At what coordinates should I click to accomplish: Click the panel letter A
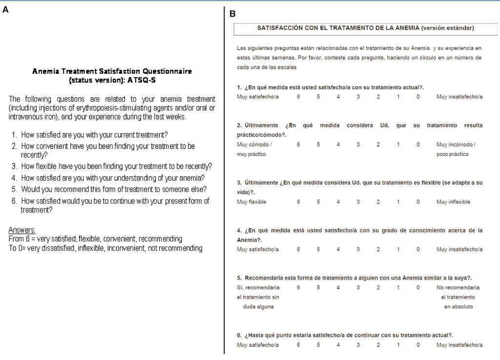[x=5, y=9]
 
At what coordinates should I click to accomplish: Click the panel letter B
[x=232, y=14]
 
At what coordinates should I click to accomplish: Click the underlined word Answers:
[x=22, y=230]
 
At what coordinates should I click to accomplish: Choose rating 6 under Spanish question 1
[x=298, y=97]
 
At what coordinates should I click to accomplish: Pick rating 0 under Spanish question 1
[x=418, y=97]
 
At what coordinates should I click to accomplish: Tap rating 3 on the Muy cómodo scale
[x=358, y=145]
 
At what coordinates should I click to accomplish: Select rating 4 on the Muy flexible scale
[x=338, y=202]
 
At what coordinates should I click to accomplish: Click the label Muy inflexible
[x=453, y=202]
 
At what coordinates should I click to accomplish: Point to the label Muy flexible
[x=251, y=202]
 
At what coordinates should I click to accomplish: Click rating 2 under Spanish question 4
[x=378, y=250]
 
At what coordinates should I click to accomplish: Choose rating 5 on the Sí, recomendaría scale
[x=318, y=288]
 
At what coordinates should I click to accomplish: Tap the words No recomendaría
[x=458, y=288]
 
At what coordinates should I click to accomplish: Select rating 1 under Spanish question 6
[x=398, y=345]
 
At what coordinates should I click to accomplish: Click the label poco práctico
[x=452, y=154]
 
